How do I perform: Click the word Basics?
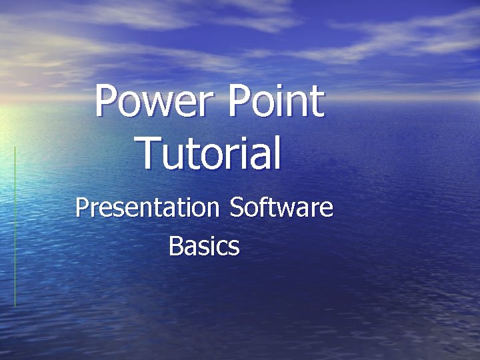(204, 246)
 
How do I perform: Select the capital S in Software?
(236, 207)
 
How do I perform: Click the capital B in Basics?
(175, 246)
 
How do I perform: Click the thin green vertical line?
(15, 227)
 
